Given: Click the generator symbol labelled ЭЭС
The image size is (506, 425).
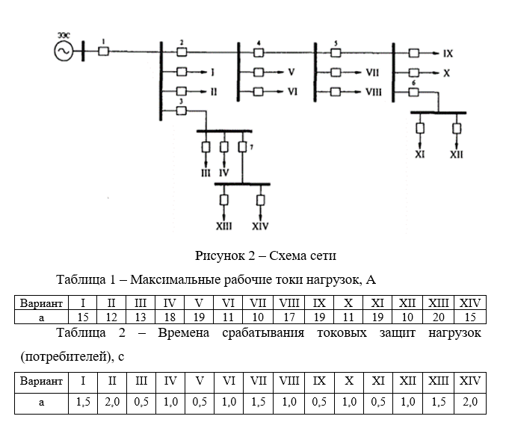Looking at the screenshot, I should click(x=62, y=51).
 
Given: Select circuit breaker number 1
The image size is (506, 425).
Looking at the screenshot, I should click(x=104, y=51).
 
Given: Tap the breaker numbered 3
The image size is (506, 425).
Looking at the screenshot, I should click(x=180, y=111).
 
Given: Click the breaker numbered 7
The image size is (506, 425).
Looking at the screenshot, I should click(x=241, y=146).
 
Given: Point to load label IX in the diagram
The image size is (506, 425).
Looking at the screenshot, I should click(x=448, y=54).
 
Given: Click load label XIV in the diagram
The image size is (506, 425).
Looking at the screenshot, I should click(x=260, y=226).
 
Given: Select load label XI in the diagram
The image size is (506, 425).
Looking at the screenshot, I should click(x=420, y=155).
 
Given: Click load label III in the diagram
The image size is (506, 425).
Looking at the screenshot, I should click(x=206, y=172).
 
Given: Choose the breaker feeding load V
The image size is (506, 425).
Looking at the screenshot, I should click(x=258, y=72).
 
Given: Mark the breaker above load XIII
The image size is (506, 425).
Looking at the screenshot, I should click(x=223, y=200).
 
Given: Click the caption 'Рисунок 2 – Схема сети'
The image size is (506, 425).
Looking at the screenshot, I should click(x=266, y=256).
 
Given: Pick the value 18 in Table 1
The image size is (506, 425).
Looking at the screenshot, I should click(x=170, y=317).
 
